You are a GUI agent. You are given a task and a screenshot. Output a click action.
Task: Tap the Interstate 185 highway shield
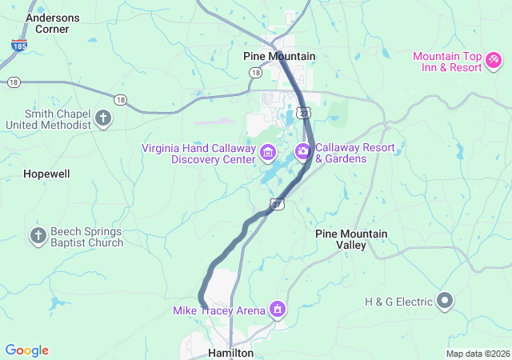[18, 46]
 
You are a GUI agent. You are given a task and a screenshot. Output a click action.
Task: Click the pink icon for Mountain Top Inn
[494, 59]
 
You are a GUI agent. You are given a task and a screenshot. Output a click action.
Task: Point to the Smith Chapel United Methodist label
[46, 119]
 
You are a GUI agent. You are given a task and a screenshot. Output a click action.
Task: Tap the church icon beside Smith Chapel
[103, 119]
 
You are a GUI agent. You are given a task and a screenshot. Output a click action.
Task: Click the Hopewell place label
[46, 174]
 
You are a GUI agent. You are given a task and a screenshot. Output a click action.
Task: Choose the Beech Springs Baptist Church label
[87, 237]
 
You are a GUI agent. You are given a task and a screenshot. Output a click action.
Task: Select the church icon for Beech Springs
[38, 236]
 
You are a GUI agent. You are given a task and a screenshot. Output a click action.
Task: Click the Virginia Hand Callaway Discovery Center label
[198, 153]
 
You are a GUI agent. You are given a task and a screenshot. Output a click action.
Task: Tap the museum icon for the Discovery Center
[268, 151]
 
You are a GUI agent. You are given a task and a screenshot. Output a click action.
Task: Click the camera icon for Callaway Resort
[303, 150]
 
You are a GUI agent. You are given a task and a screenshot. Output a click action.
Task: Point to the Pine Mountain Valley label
[351, 239]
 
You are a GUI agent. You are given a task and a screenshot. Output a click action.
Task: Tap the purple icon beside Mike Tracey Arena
[278, 308]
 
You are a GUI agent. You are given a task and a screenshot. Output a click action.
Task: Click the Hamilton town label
[230, 352]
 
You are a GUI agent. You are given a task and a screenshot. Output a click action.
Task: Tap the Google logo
[26, 350]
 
